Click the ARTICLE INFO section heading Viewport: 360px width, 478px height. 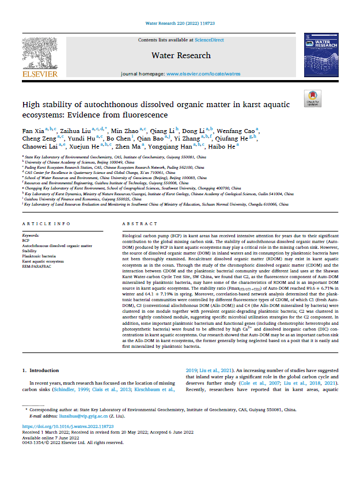tap(46, 223)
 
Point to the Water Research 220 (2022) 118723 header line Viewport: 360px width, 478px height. tap(180, 22)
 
